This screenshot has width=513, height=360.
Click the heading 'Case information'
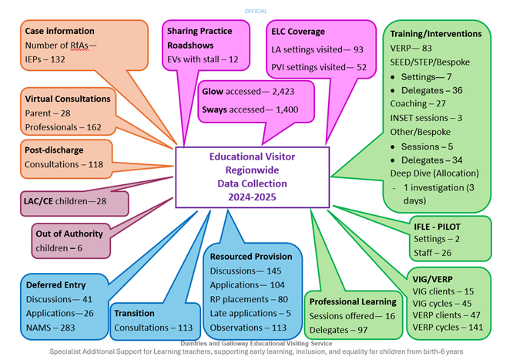(x=59, y=32)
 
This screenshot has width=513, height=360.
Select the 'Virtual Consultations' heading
(x=68, y=99)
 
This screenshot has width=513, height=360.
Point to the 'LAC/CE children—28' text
(x=65, y=201)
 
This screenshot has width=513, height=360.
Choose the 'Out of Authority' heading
(x=69, y=234)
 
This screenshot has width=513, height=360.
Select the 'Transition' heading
(x=134, y=314)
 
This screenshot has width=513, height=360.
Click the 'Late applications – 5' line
(x=250, y=313)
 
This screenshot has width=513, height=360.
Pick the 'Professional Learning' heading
(x=353, y=301)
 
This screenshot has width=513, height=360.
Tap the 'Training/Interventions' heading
(x=436, y=34)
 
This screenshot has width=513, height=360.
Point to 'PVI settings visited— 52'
(x=319, y=68)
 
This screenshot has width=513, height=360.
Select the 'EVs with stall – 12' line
(x=203, y=59)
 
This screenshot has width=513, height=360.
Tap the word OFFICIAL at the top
(x=256, y=11)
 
